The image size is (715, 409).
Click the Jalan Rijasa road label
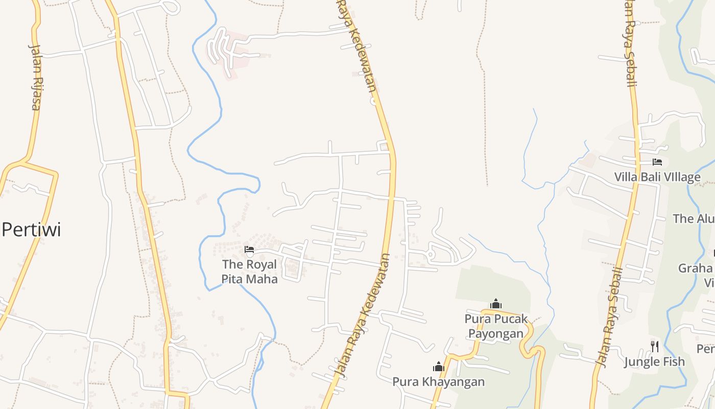point(35,77)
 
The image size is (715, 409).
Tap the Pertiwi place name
point(31,230)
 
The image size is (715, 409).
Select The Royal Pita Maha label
point(250,271)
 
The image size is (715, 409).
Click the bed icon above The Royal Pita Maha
point(249,249)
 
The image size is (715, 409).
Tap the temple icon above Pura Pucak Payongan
point(495,304)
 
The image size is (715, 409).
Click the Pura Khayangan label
point(438,381)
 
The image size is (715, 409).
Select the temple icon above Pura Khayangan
point(438,367)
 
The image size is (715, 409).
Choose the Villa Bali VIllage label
point(657,177)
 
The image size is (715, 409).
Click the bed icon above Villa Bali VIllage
point(657,162)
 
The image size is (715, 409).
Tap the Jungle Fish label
point(654,362)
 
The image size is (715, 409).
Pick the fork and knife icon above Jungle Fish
point(654,347)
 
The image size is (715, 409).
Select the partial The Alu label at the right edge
point(694,219)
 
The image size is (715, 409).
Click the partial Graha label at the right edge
point(696,268)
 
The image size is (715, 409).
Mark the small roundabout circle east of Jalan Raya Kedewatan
point(430,254)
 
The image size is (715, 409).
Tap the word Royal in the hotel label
point(261,264)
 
